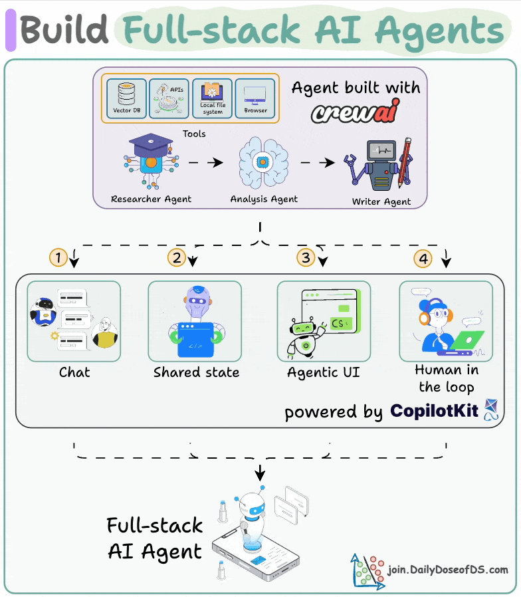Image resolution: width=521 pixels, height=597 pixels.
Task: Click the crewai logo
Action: click(x=356, y=112)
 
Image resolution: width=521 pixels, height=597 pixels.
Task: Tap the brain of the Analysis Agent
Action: click(x=262, y=162)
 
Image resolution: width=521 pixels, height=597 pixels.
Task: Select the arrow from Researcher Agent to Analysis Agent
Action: click(x=204, y=162)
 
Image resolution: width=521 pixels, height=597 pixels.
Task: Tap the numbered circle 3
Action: click(x=305, y=257)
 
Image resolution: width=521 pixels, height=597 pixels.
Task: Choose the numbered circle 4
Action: click(x=422, y=257)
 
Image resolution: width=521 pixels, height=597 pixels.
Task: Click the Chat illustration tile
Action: click(x=74, y=321)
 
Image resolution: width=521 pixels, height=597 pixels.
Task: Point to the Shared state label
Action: click(x=196, y=372)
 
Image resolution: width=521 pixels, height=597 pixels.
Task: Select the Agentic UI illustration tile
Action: click(x=324, y=321)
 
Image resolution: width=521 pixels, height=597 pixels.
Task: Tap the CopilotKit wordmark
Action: click(x=435, y=411)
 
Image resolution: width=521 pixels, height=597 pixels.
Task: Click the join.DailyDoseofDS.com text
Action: click(x=448, y=570)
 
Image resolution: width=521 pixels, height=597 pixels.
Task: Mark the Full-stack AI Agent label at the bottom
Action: click(x=155, y=538)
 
